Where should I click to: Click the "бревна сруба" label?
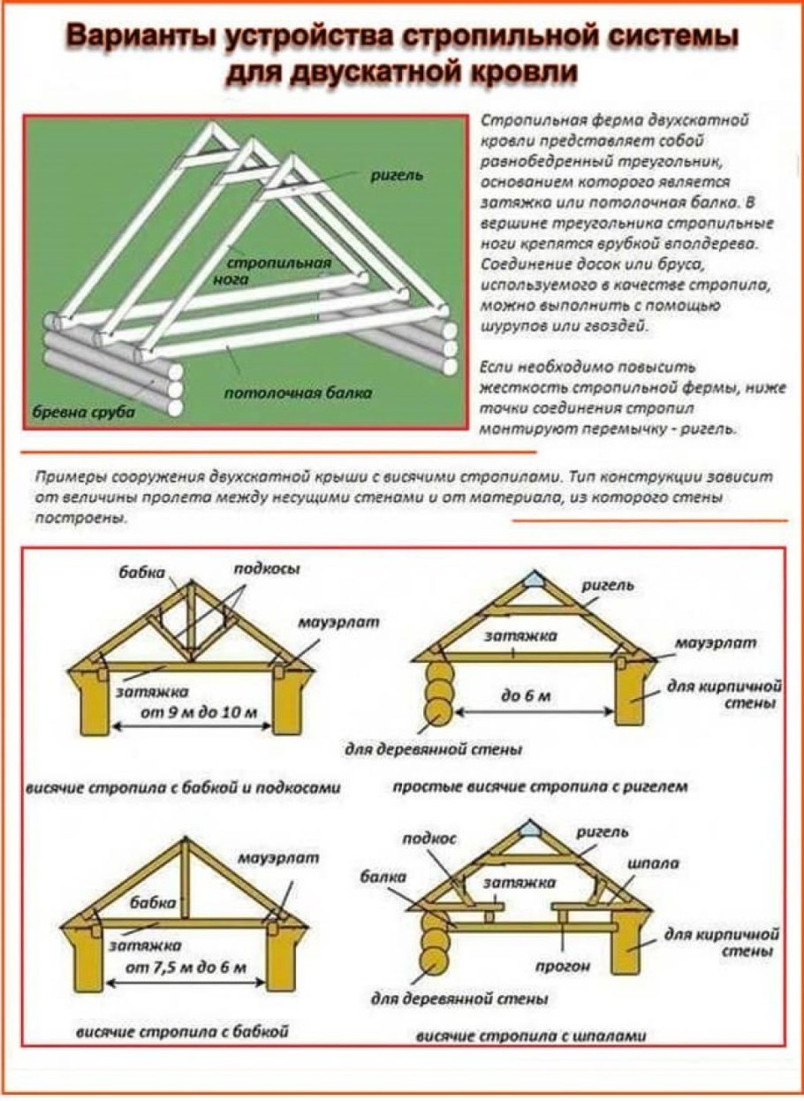79,413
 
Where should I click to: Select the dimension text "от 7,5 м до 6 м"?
186,967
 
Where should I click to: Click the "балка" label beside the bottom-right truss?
383,877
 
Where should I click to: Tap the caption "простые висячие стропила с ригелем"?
539,785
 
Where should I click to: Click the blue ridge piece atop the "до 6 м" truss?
532,580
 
